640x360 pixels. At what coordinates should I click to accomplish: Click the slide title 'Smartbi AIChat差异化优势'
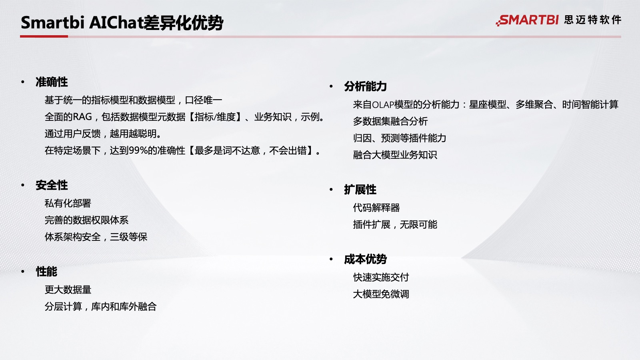[x=122, y=22]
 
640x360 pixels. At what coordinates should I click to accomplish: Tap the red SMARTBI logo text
[x=527, y=20]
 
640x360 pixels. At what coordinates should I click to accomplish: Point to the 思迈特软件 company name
[x=593, y=20]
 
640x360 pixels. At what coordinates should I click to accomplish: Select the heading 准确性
[x=52, y=82]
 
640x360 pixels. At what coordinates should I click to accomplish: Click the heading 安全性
[x=52, y=185]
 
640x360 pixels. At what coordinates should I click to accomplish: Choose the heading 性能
[x=46, y=272]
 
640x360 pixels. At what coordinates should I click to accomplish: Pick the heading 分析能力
[x=366, y=86]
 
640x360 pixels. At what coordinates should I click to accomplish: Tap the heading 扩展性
[x=360, y=190]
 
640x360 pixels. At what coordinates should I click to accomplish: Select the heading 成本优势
[x=366, y=259]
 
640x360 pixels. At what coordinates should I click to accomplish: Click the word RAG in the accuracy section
[x=82, y=117]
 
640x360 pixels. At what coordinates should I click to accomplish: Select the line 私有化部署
[x=68, y=204]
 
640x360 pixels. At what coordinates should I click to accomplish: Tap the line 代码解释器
[x=376, y=208]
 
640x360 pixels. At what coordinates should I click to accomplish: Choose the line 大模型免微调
[x=381, y=294]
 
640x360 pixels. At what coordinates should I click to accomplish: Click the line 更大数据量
[x=68, y=290]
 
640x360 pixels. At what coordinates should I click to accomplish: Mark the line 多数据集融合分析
[x=390, y=122]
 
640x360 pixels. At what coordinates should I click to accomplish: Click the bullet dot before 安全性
[x=23, y=186]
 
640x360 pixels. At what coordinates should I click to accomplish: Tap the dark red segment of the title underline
[x=44, y=36]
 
